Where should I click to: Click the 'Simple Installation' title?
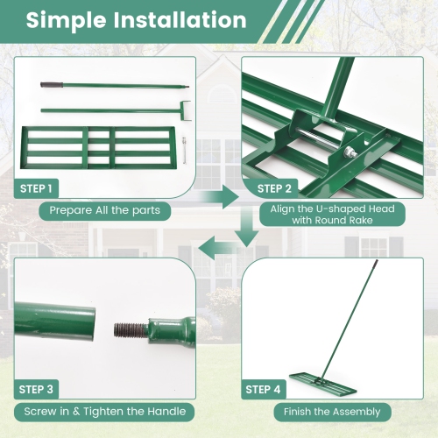[x=136, y=20]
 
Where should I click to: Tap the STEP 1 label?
[x=37, y=188]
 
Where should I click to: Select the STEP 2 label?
[x=276, y=188]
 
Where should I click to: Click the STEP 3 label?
[x=37, y=390]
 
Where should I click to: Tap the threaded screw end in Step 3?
[x=129, y=330]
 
